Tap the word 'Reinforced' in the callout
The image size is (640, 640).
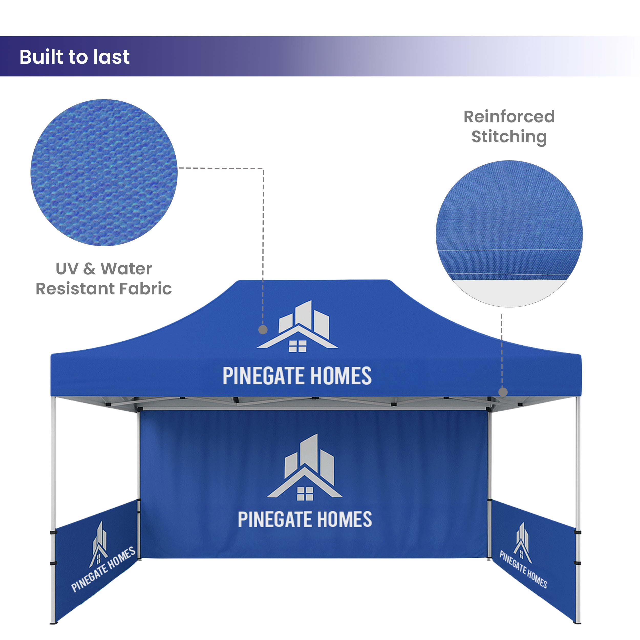point(509,116)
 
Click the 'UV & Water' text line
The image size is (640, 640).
point(104,268)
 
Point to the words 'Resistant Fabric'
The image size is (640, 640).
point(104,289)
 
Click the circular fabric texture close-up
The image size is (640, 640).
point(104,173)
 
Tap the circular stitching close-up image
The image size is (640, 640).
point(509,234)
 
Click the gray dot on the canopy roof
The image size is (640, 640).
point(263,330)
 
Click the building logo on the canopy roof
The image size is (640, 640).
point(297,326)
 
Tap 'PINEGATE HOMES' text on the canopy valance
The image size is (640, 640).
point(297,376)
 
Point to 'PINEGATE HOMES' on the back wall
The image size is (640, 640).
point(305,519)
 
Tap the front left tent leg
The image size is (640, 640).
point(53,510)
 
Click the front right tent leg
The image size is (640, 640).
point(578,510)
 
